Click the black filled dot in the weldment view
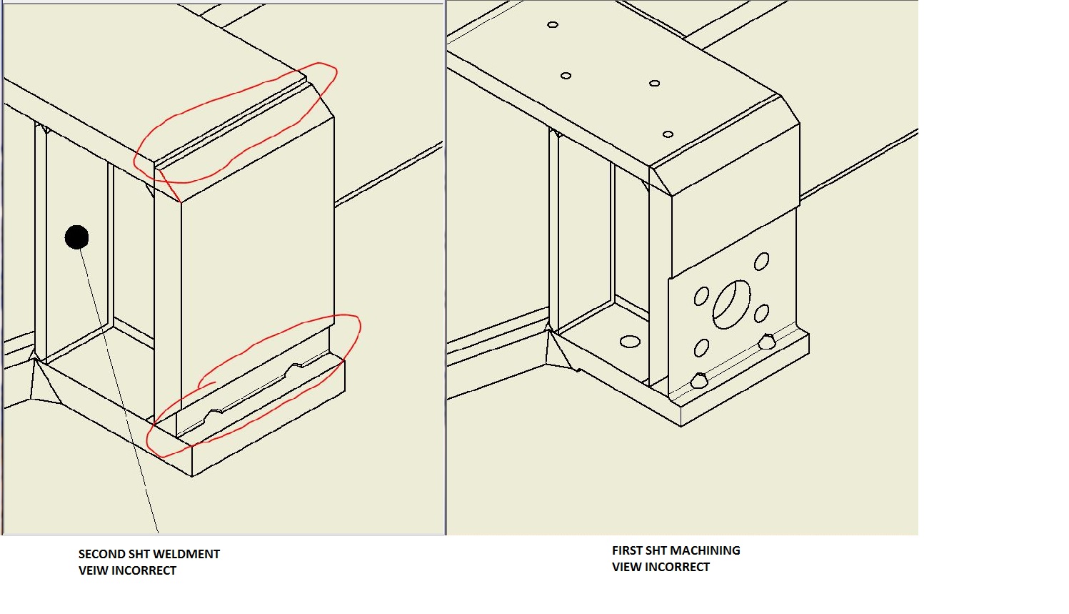76,237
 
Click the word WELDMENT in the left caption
189,554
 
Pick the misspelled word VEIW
92,570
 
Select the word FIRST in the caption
627,550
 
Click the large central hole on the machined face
731,304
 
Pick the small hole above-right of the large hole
762,261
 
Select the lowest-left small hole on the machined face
701,348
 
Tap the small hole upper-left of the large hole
701,296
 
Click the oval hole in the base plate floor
630,342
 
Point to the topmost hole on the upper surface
553,24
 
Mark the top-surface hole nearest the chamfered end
668,134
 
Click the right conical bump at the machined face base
767,342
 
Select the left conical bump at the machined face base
699,380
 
